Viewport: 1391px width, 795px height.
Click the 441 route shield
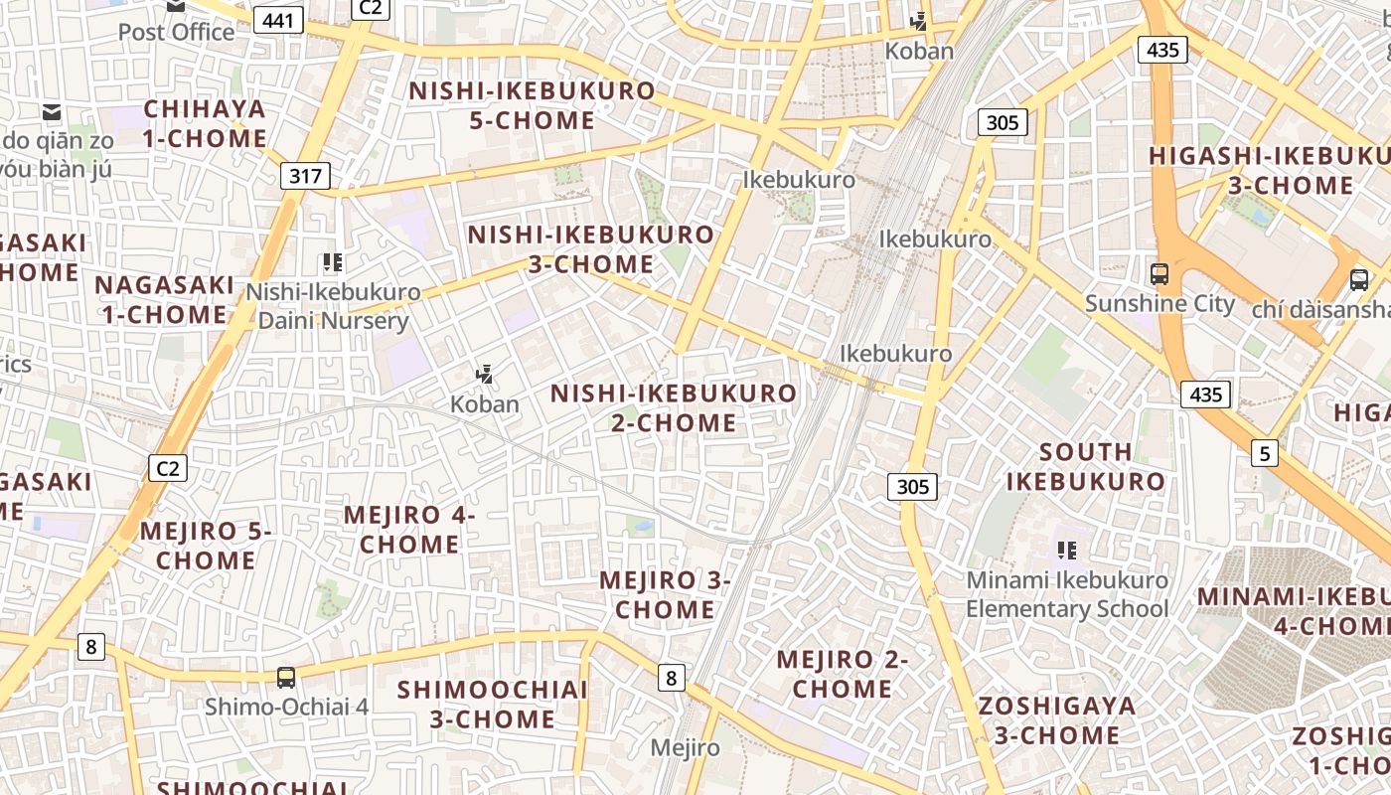[278, 19]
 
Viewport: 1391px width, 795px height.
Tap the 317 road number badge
[305, 177]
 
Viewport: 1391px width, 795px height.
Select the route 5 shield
[1264, 454]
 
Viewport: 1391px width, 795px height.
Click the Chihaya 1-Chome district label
[205, 123]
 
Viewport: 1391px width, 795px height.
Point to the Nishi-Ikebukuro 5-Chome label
[533, 105]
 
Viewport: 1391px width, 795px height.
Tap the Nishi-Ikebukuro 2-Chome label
[674, 407]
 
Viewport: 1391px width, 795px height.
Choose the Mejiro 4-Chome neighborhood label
[409, 530]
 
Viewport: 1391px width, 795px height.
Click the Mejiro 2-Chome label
[843, 674]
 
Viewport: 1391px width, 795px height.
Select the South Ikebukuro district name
[1086, 466]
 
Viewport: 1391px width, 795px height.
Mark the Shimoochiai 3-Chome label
[493, 704]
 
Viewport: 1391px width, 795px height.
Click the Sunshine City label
[1159, 304]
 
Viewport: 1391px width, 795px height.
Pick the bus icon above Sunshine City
[1159, 274]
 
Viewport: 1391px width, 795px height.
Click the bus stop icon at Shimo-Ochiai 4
[286, 678]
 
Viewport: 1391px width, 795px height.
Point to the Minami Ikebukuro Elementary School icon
[1067, 550]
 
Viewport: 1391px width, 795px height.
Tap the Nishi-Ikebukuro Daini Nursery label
[334, 306]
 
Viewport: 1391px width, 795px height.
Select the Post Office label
[177, 32]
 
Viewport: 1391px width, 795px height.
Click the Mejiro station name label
[686, 747]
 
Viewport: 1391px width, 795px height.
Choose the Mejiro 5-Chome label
[206, 545]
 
